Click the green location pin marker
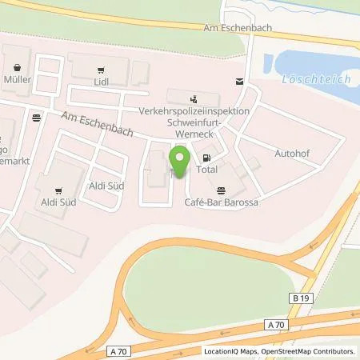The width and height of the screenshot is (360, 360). pos(180,162)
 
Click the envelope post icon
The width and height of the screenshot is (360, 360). pos(238,82)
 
